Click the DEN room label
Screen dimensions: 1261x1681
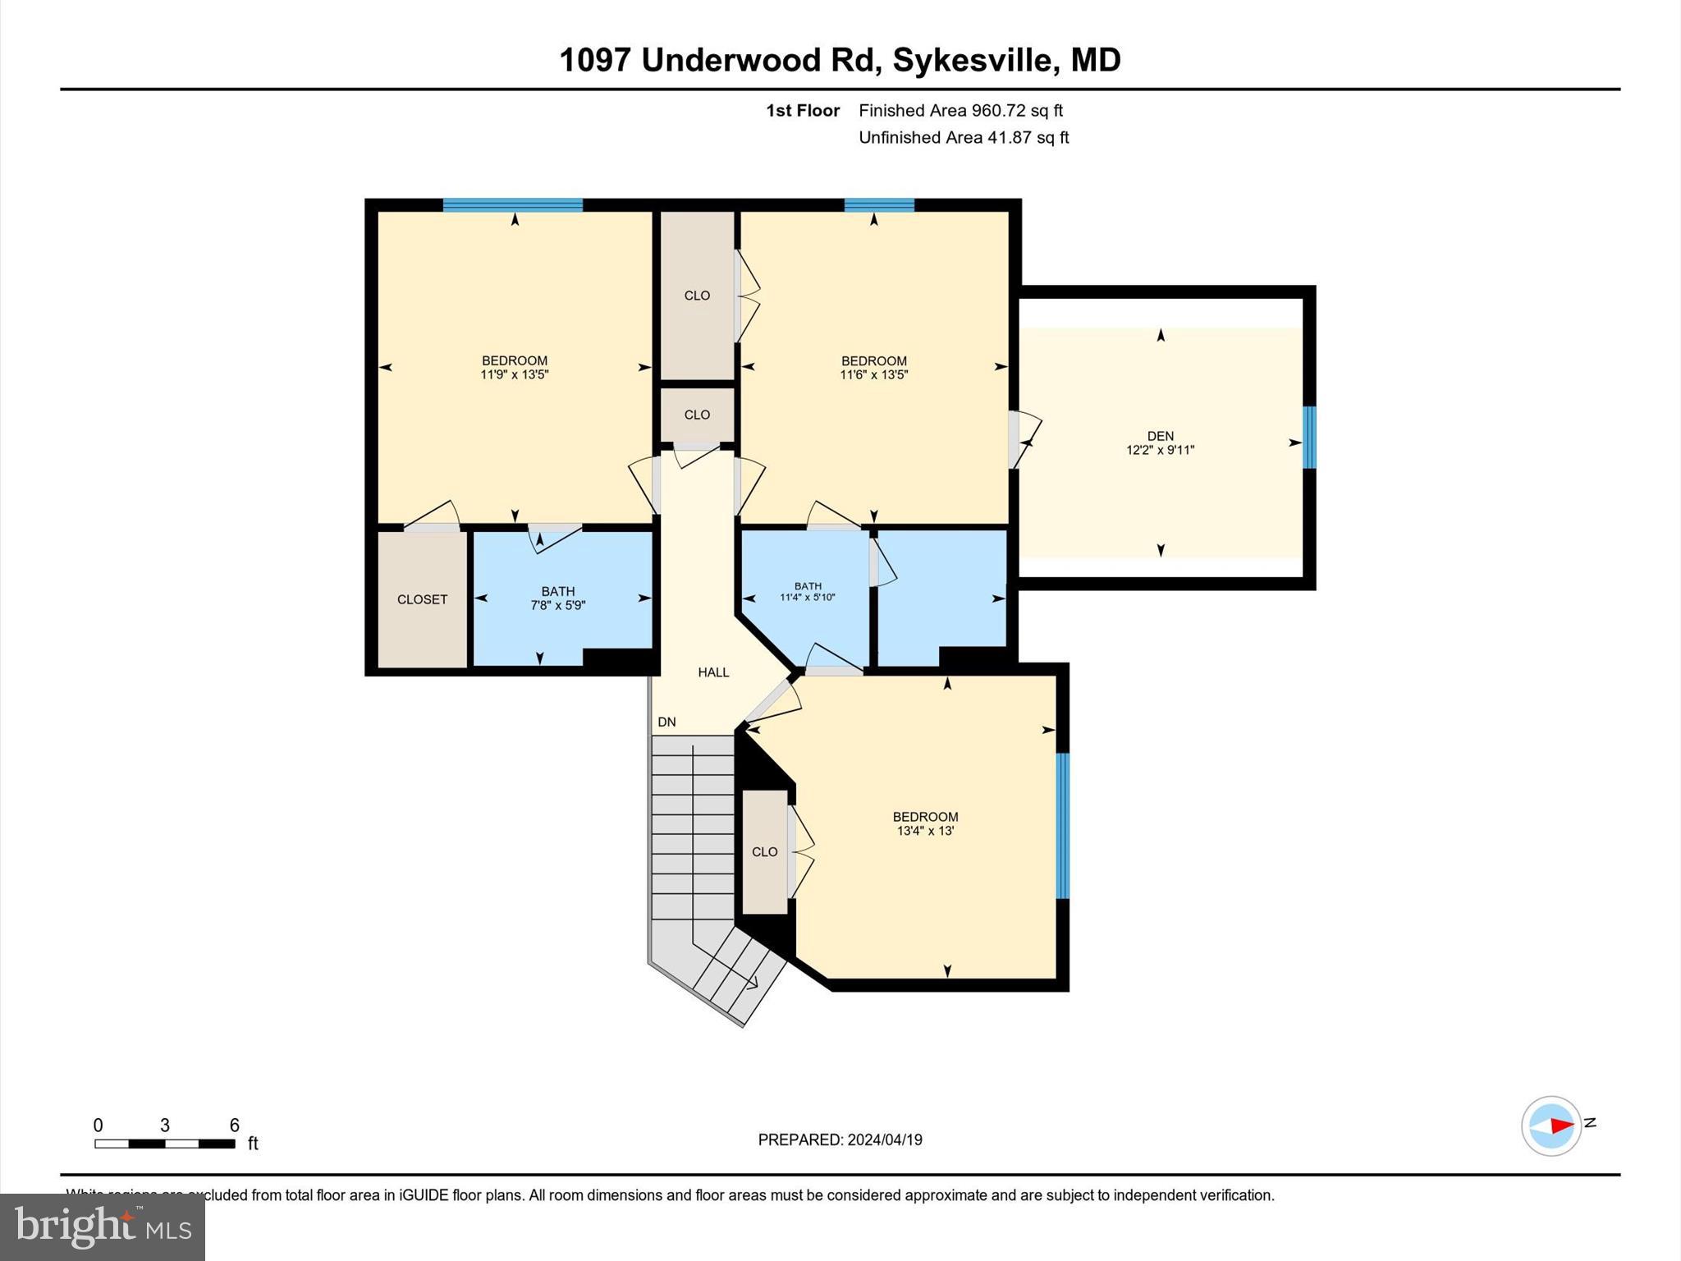(1160, 436)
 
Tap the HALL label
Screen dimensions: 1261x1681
(713, 672)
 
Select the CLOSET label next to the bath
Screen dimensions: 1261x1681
(422, 599)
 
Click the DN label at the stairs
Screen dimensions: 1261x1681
(666, 722)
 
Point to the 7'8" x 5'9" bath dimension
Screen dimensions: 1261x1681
(557, 606)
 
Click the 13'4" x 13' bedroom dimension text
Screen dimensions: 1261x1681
(925, 831)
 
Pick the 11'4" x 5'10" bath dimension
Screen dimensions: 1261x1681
(807, 598)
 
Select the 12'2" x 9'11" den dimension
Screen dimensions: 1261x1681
(1160, 450)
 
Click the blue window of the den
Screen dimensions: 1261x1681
(1309, 438)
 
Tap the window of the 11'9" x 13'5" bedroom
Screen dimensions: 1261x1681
(513, 205)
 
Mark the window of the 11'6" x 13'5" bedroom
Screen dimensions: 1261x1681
(879, 205)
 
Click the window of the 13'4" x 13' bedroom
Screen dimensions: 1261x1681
(1062, 826)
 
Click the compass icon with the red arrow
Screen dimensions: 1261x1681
(1550, 1126)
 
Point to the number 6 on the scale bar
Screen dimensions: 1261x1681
(234, 1126)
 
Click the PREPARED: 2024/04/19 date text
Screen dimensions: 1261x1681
(840, 1139)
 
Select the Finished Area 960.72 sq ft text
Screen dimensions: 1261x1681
(960, 111)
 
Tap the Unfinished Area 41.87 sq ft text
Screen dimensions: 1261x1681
(964, 138)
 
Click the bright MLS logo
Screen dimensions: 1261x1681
(103, 1227)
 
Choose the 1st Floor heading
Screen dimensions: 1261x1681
(803, 111)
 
